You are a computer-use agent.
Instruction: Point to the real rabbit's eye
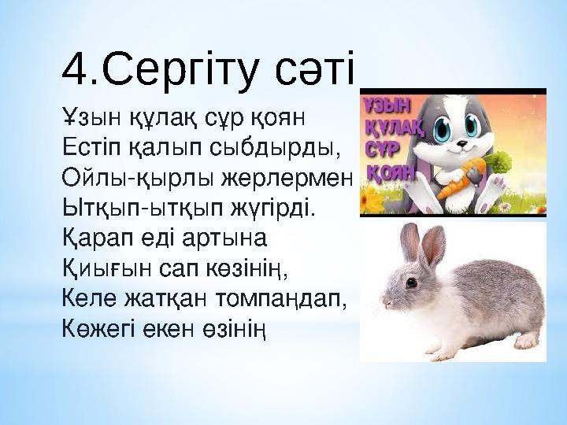pos(411,281)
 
